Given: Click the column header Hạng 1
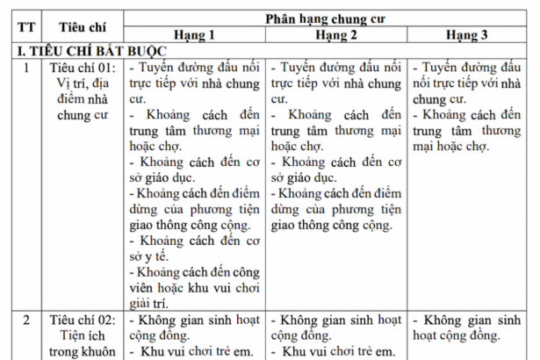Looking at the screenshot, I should (194, 36).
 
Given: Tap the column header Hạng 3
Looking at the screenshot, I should (472, 36).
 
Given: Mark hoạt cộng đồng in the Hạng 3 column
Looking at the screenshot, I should (457, 335).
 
